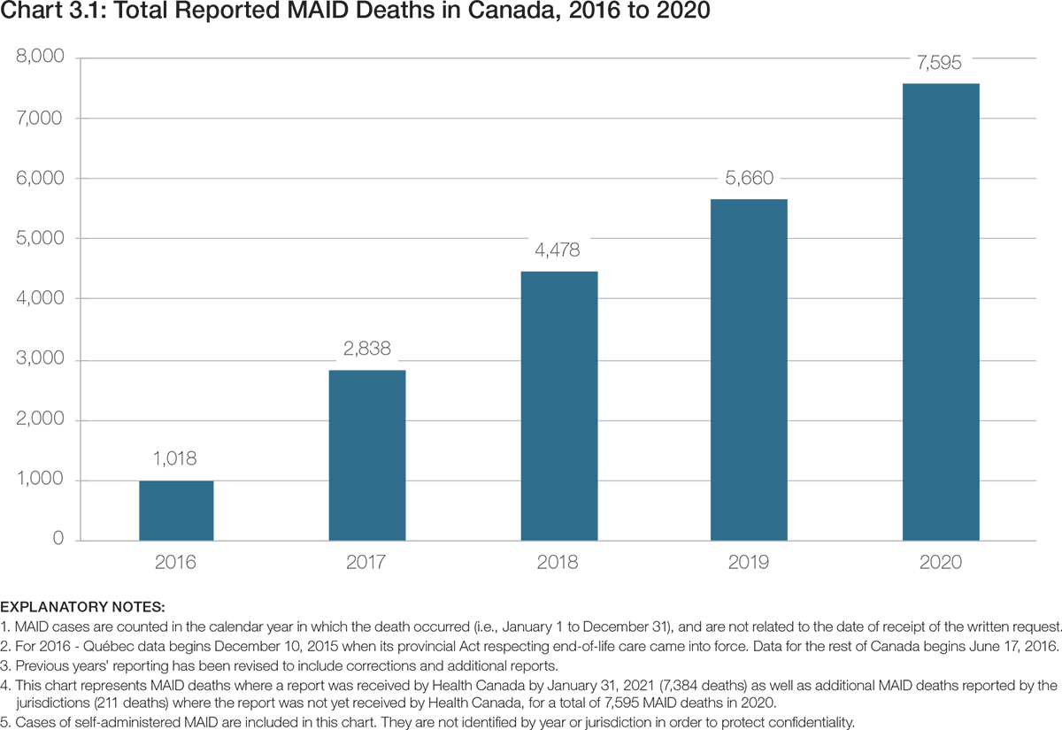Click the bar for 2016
pyautogui.click(x=176, y=511)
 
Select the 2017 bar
pyautogui.click(x=367, y=455)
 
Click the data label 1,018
pyautogui.click(x=176, y=459)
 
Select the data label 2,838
pyautogui.click(x=367, y=349)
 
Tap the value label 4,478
pyautogui.click(x=558, y=250)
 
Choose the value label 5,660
pyautogui.click(x=749, y=178)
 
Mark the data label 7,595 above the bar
pyautogui.click(x=941, y=63)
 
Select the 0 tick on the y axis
pyautogui.click(x=58, y=540)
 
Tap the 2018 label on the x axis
pyautogui.click(x=558, y=563)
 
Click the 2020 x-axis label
pyautogui.click(x=941, y=563)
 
